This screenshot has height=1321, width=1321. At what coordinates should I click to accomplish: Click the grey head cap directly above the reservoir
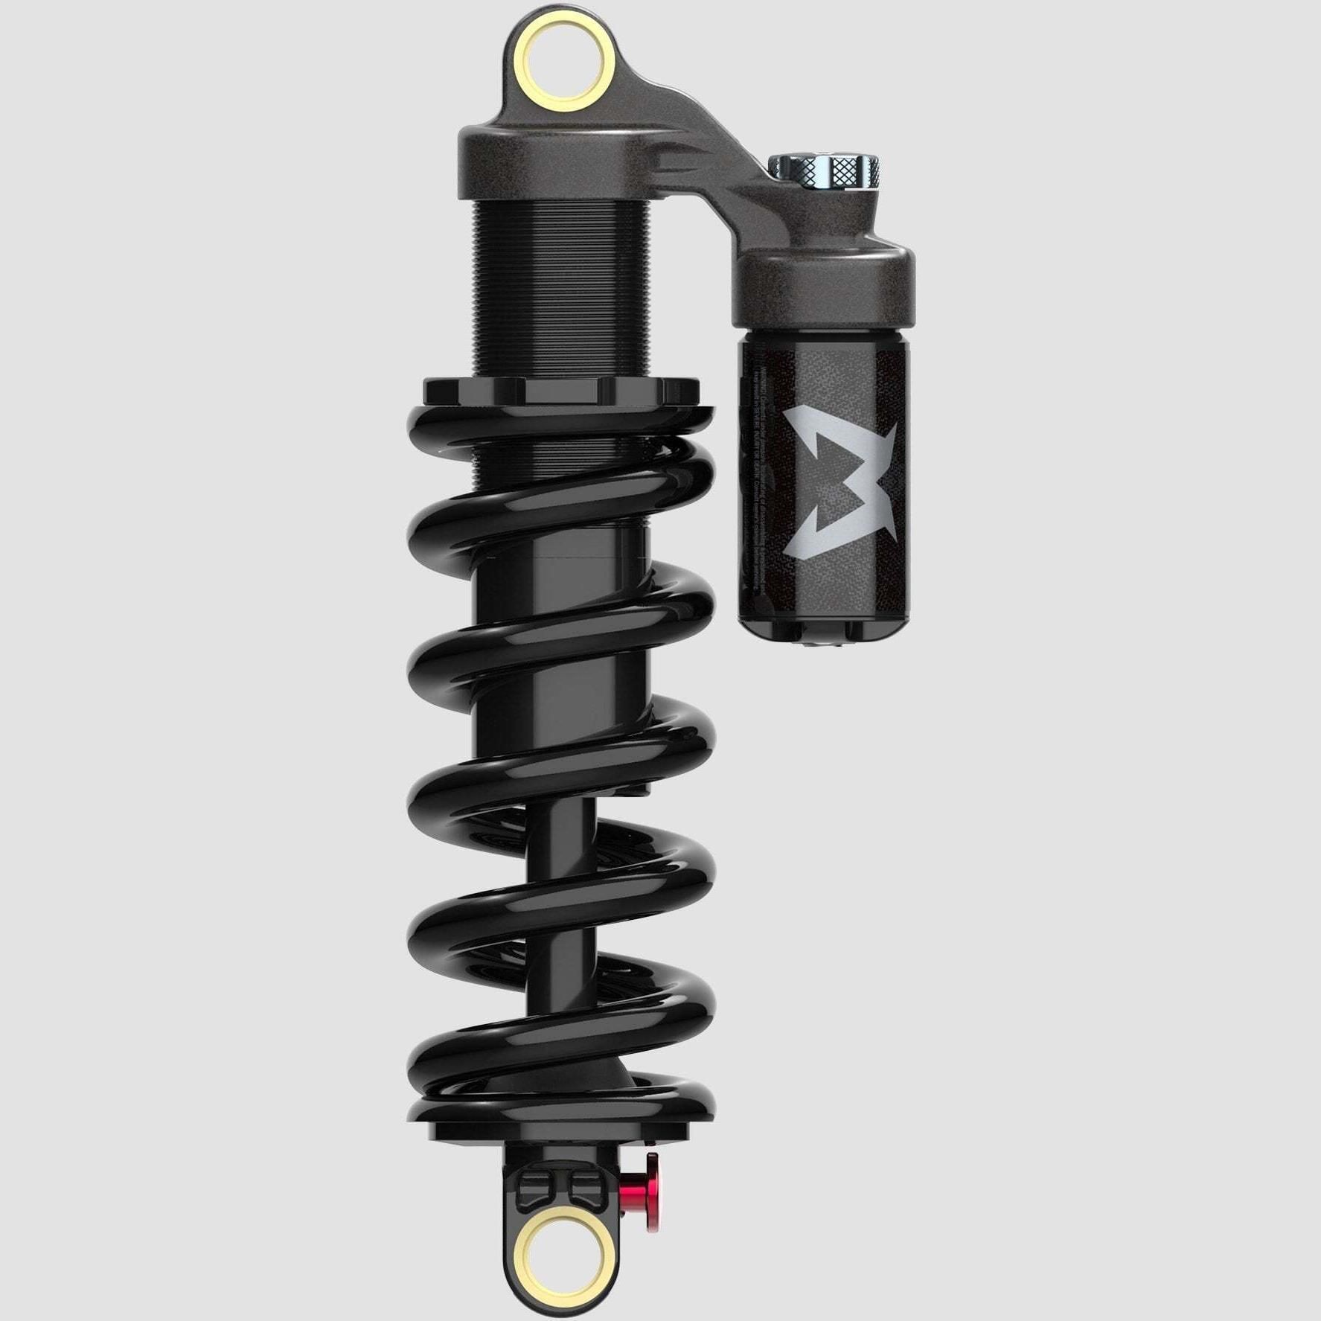click(x=822, y=287)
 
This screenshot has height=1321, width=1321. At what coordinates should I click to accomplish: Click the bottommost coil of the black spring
click(x=562, y=1094)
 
